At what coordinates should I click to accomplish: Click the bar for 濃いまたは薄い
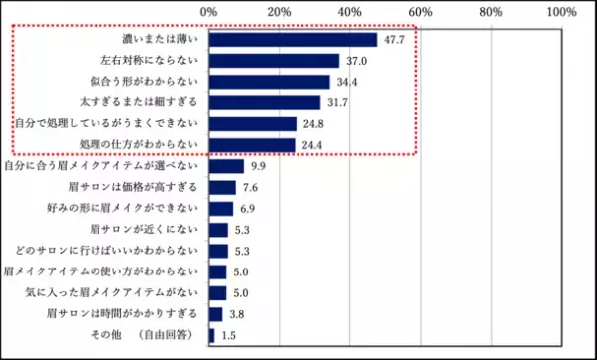click(x=294, y=40)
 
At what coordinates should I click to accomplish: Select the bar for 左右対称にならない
click(x=275, y=61)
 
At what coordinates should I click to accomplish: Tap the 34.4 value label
click(x=346, y=82)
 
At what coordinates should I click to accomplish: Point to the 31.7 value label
click(x=336, y=102)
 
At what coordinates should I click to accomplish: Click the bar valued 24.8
click(x=253, y=124)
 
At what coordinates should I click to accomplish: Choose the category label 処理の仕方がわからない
click(x=139, y=145)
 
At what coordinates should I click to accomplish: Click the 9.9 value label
click(x=258, y=166)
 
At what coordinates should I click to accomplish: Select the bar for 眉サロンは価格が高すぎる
click(x=223, y=187)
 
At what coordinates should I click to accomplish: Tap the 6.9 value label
click(x=247, y=209)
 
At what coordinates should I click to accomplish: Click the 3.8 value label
click(x=236, y=314)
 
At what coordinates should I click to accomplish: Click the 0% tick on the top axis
click(x=209, y=12)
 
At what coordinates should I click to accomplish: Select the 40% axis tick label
click(x=350, y=12)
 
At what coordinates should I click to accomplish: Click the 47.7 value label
click(x=394, y=40)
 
